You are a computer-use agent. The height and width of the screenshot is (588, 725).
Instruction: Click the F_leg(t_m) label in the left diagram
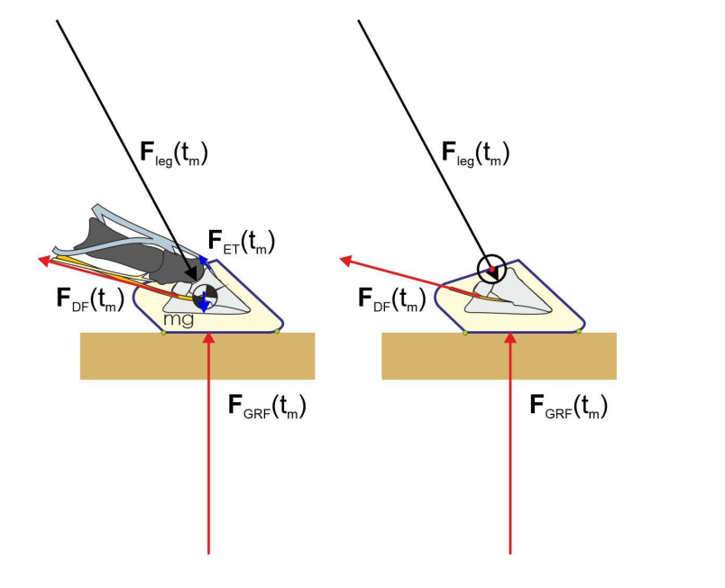click(x=174, y=153)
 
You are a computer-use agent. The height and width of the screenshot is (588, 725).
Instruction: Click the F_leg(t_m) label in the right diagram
click(x=475, y=153)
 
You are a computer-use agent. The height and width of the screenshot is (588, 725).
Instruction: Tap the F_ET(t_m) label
click(x=242, y=242)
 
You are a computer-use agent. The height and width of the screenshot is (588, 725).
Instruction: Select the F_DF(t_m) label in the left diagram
click(x=90, y=299)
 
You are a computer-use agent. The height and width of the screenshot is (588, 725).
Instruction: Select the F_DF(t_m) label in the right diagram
click(x=391, y=299)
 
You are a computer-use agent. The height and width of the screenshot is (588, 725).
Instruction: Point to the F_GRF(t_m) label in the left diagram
click(x=267, y=406)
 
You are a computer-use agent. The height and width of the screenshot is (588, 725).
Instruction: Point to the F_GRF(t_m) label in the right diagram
click(x=568, y=406)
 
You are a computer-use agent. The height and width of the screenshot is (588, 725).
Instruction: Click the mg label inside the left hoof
click(x=179, y=319)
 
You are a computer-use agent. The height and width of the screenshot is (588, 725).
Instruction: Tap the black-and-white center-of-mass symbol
click(x=205, y=297)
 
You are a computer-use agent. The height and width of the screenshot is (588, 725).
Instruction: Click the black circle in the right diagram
click(x=491, y=269)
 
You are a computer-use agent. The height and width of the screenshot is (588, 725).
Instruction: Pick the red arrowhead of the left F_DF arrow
click(x=44, y=261)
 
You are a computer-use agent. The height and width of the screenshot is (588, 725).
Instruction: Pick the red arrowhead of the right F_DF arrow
click(x=346, y=261)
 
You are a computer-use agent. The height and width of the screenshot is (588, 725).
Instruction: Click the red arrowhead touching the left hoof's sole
click(x=209, y=337)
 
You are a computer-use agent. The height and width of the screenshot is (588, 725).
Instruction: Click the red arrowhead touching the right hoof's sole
click(x=510, y=337)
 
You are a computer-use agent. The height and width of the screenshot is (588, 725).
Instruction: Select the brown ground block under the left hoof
click(x=197, y=356)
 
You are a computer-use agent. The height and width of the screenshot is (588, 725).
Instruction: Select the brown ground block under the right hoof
click(x=499, y=356)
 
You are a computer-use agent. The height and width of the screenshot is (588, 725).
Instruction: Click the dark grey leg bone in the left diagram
click(x=139, y=252)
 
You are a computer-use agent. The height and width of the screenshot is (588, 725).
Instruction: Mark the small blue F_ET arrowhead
click(x=203, y=260)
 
